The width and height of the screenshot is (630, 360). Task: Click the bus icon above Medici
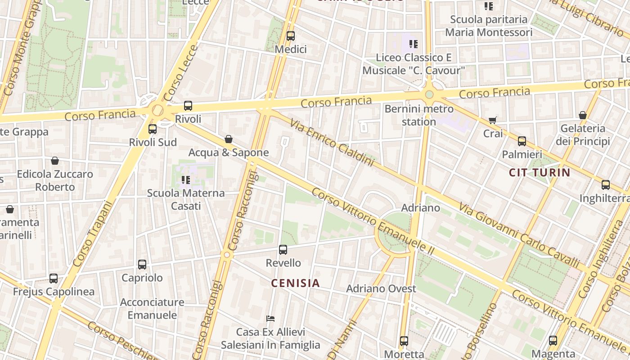pyautogui.click(x=291, y=36)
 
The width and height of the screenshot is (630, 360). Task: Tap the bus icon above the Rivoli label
pyautogui.click(x=188, y=106)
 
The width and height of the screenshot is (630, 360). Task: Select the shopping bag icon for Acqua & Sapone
pyautogui.click(x=229, y=139)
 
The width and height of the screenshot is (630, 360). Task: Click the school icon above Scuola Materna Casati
pyautogui.click(x=185, y=180)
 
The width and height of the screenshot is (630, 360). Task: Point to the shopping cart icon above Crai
pyautogui.click(x=493, y=120)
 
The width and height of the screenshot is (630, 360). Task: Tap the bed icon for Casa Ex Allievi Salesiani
pyautogui.click(x=270, y=319)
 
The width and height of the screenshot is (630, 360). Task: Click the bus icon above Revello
pyautogui.click(x=283, y=249)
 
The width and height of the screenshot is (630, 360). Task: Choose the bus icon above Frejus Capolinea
pyautogui.click(x=54, y=279)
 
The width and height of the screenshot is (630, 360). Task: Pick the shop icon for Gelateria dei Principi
pyautogui.click(x=583, y=115)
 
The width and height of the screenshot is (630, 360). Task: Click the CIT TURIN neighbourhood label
pyautogui.click(x=540, y=172)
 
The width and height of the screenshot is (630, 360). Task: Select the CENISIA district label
pyautogui.click(x=295, y=283)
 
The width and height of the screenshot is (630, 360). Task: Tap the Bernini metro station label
pyautogui.click(x=419, y=115)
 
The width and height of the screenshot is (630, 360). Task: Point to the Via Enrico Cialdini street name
pyautogui.click(x=332, y=143)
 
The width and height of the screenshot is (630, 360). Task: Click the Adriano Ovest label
pyautogui.click(x=381, y=288)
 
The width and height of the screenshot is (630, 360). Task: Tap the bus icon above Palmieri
pyautogui.click(x=522, y=141)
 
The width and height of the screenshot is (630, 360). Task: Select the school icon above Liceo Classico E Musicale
pyautogui.click(x=414, y=44)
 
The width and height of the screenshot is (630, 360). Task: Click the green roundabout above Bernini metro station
pyautogui.click(x=429, y=94)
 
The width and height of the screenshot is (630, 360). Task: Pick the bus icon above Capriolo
pyautogui.click(x=142, y=265)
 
